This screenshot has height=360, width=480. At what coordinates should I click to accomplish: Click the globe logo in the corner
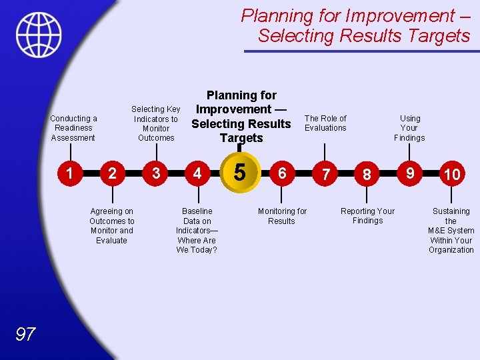(39, 35)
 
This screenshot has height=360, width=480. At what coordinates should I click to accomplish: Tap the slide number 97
(25, 334)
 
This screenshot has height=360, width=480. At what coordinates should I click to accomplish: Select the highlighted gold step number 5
(240, 173)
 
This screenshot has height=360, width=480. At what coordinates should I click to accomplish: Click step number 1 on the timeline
(69, 173)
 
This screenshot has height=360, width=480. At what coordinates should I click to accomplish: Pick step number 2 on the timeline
(112, 173)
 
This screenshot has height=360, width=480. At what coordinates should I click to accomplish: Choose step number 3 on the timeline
(155, 173)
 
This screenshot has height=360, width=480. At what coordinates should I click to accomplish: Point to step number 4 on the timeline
(197, 173)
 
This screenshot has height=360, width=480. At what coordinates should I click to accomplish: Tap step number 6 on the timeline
(282, 173)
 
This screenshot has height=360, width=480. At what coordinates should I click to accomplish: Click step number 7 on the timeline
(325, 174)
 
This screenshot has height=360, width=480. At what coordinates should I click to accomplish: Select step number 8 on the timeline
(367, 174)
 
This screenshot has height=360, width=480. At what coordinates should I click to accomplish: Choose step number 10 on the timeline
(452, 174)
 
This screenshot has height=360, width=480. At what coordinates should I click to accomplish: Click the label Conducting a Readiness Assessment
(73, 128)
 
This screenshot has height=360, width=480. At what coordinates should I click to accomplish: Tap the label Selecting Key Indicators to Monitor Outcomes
(156, 123)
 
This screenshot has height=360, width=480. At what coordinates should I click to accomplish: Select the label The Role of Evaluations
(325, 123)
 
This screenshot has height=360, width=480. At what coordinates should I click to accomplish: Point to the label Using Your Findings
(409, 128)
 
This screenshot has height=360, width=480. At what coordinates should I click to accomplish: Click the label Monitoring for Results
(282, 216)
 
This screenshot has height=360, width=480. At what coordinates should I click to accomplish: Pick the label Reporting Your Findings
(367, 216)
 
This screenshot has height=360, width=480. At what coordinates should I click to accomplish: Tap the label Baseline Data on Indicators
(197, 230)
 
